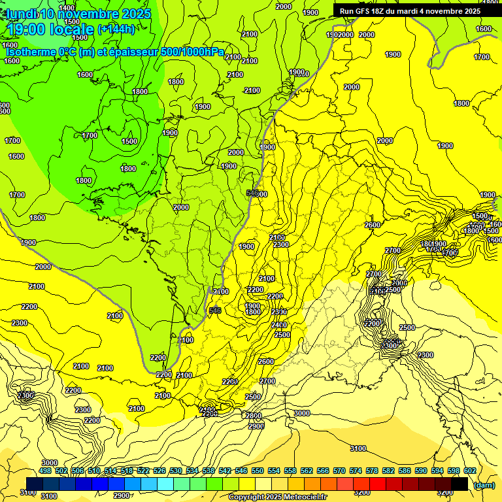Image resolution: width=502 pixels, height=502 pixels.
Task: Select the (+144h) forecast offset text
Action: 116,29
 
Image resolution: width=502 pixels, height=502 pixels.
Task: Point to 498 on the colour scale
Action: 45,471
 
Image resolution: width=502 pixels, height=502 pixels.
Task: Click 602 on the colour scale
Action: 470,471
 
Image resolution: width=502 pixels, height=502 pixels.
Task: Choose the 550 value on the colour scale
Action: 258,471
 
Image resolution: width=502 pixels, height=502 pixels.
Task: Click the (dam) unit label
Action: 484,484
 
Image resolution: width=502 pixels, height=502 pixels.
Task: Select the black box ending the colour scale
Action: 460,484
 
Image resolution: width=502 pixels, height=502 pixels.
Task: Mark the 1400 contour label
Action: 67,8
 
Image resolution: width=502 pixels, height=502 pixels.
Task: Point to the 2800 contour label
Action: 254,416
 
